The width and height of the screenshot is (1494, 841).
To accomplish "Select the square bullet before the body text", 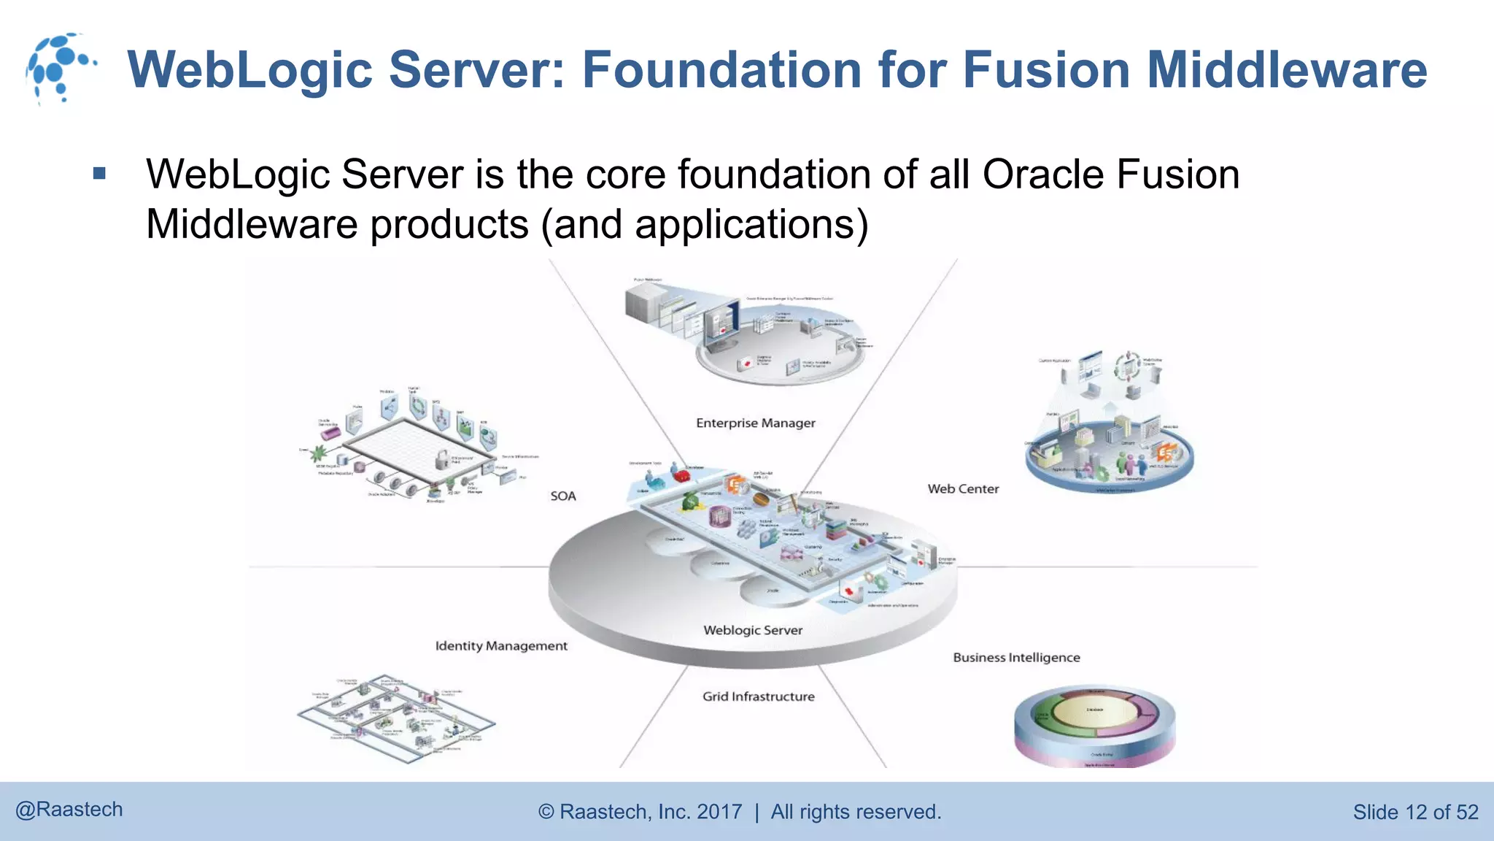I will [100, 174].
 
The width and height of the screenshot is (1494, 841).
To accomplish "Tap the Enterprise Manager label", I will [755, 423].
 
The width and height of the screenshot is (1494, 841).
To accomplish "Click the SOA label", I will [562, 496].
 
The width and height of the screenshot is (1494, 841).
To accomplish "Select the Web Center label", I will [963, 489].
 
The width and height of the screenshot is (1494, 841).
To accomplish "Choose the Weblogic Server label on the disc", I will [752, 630].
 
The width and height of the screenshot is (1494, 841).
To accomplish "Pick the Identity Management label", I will [500, 646].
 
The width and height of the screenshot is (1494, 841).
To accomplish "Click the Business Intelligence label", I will [1015, 658].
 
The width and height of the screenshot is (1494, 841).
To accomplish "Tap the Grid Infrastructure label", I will [758, 696].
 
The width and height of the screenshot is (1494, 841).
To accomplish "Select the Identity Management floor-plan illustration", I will [396, 719].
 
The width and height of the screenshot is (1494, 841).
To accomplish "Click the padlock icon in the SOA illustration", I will [442, 460].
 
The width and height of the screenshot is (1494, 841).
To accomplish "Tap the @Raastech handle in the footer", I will [69, 810].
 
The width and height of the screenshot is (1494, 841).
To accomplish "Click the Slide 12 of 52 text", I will [1414, 812].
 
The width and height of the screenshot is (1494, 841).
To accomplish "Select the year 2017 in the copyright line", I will [719, 812].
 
